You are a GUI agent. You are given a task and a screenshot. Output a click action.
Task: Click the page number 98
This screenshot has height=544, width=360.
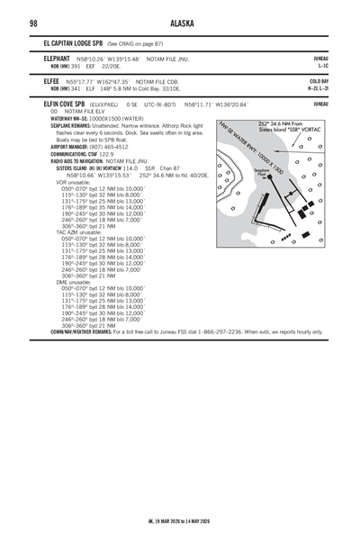[33, 23]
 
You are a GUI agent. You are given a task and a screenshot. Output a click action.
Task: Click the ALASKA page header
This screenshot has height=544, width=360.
[180, 23]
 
